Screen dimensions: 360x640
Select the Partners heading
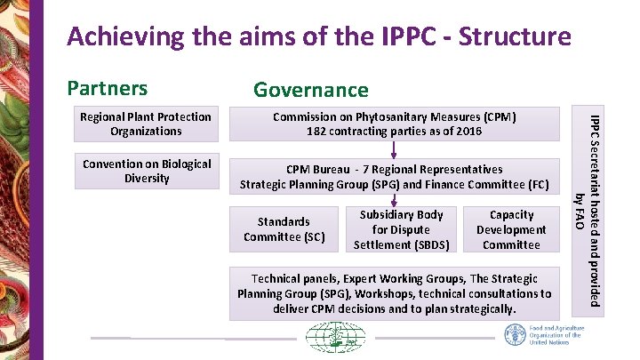tap(107, 87)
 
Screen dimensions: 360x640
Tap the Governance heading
tap(310, 89)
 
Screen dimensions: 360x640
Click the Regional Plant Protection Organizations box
tap(146, 124)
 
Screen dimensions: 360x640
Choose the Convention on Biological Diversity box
tap(146, 171)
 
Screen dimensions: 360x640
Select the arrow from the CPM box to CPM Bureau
tap(394, 148)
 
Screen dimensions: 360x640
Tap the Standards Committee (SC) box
tap(284, 229)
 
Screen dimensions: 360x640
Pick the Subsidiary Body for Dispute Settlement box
tap(401, 229)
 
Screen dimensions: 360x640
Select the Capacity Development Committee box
tap(511, 229)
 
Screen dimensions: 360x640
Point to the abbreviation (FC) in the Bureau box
tap(537, 185)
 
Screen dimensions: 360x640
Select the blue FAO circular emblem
tap(515, 335)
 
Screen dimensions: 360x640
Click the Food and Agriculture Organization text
tap(557, 336)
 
